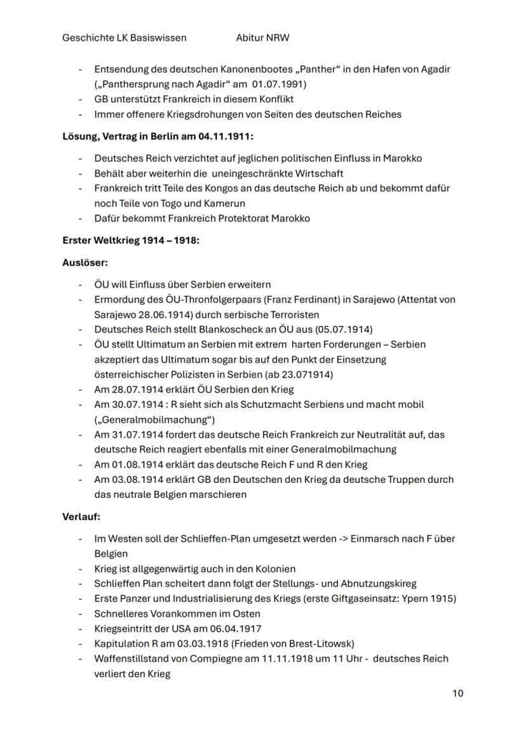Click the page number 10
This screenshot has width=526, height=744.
pos(457,693)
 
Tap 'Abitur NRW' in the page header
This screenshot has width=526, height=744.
pos(262,37)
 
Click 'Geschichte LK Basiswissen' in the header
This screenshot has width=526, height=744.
pos(125,37)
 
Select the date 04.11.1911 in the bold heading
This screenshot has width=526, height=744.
pos(226,137)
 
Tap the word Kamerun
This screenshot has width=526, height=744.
pos(225,204)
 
